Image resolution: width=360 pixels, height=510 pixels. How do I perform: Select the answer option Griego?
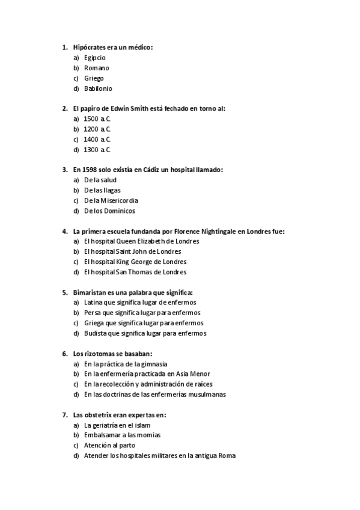tap(94, 78)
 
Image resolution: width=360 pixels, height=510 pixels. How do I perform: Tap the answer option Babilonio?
tap(98, 88)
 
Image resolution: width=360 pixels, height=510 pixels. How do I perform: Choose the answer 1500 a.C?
tap(97, 119)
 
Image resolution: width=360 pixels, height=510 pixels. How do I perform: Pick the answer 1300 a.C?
tap(97, 150)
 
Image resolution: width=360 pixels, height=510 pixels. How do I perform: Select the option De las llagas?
tap(103, 190)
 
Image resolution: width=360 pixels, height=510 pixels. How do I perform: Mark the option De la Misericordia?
tap(111, 200)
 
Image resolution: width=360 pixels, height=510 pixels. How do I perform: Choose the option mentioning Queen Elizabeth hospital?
tap(142, 241)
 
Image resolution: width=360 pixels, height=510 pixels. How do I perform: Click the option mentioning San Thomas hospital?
tap(135, 272)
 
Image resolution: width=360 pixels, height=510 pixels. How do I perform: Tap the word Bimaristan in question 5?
tap(90, 292)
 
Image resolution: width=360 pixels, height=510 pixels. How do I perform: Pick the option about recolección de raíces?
tap(148, 384)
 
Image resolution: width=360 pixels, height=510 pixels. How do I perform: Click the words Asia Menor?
tap(195, 374)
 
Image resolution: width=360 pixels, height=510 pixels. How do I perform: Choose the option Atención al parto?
tap(110, 446)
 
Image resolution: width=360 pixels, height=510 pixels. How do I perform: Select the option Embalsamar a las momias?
tap(123, 435)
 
